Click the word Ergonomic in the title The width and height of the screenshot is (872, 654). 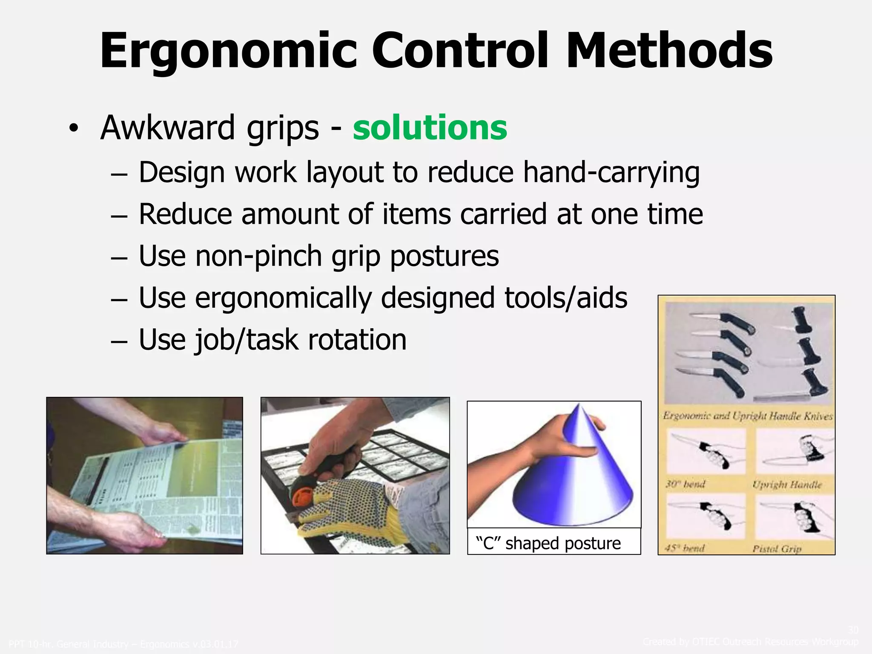coord(228,51)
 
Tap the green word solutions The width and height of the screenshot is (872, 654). coord(430,128)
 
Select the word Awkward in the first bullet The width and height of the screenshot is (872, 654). coord(167,128)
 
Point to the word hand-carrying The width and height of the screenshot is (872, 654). coord(611,173)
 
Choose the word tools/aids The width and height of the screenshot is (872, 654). coord(566,298)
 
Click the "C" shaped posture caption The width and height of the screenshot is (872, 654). coord(548,544)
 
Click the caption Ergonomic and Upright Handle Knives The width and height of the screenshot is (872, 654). coord(747,416)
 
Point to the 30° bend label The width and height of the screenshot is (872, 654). coord(685,484)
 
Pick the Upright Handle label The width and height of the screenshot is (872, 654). coord(787,485)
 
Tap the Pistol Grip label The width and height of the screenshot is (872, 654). coord(777,549)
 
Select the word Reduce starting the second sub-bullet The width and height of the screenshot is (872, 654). coord(186,215)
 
